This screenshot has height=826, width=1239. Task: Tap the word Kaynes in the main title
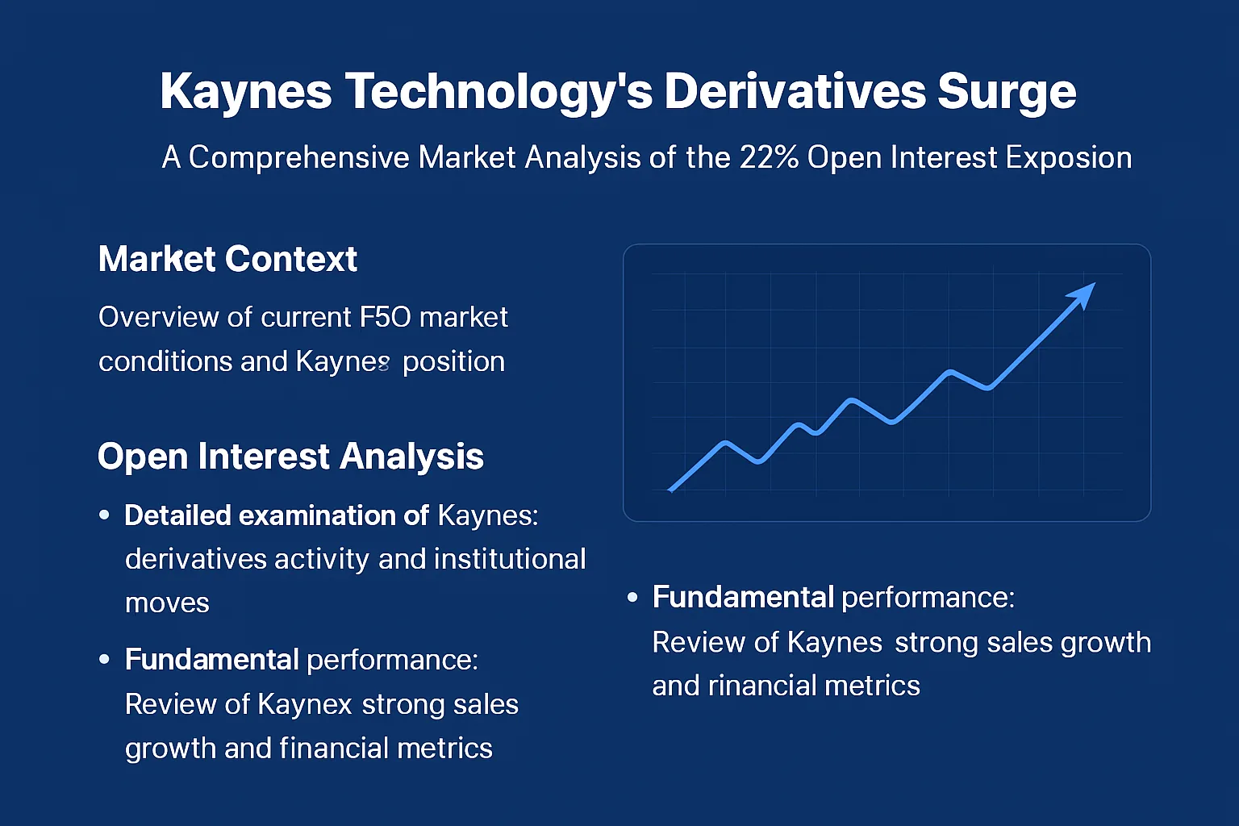point(246,92)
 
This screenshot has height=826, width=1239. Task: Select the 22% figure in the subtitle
point(769,157)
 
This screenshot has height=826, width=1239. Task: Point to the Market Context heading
point(227,260)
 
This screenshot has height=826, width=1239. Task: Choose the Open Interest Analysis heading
point(290,457)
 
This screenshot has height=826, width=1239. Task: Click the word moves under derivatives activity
point(167,603)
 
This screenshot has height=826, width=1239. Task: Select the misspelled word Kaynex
point(304,705)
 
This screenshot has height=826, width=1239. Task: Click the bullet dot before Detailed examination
point(104,515)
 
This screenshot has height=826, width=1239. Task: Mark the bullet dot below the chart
point(632,598)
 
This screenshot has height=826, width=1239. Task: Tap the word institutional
point(510,559)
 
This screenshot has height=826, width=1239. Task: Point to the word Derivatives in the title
point(794,92)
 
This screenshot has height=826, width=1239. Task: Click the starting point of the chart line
point(671,489)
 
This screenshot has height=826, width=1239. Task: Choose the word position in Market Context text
point(453,361)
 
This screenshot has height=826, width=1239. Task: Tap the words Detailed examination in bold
point(276,515)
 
